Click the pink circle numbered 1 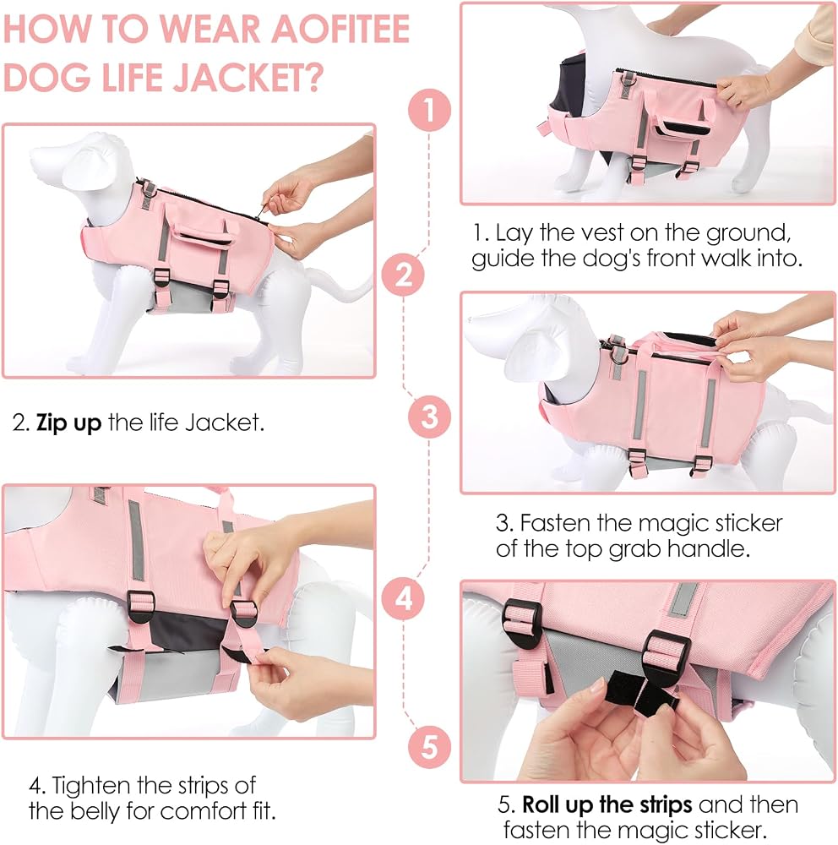(429, 110)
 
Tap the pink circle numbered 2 (403, 275)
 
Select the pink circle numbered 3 (429, 417)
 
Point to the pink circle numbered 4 (403, 598)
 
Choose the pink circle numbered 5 (429, 747)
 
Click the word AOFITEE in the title (340, 29)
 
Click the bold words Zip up (68, 423)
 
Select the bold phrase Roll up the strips (607, 805)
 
